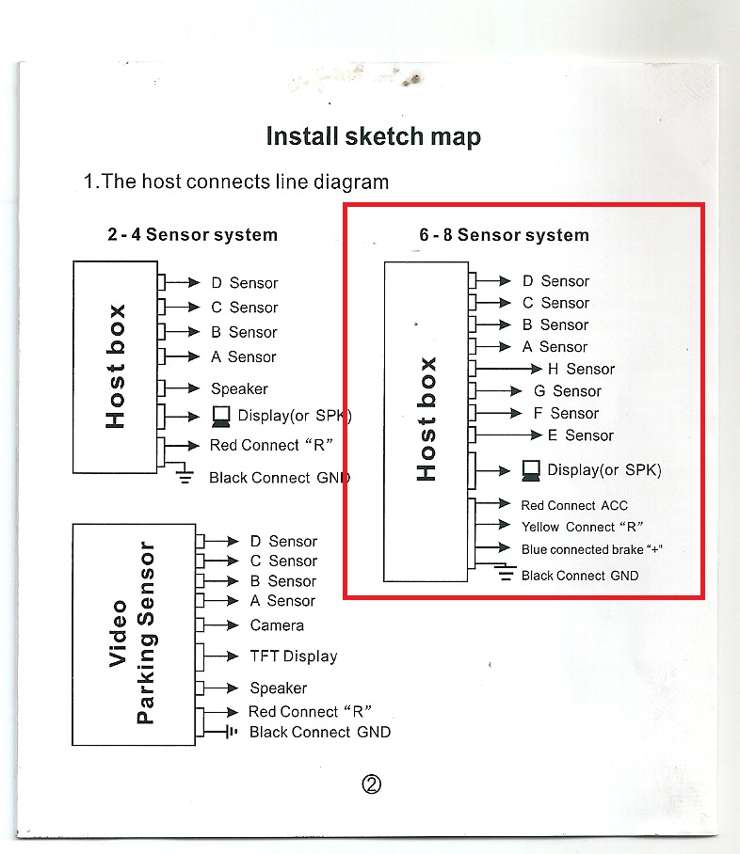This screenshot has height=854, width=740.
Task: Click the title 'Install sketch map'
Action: pos(374,136)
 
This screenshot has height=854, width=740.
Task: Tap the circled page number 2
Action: pos(371,784)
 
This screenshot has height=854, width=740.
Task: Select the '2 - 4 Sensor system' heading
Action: pos(192,235)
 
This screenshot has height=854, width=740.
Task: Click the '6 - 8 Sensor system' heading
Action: pos(504,235)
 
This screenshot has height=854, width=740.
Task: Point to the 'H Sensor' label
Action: pos(581,370)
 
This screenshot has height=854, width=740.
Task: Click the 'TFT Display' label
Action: pos(294,656)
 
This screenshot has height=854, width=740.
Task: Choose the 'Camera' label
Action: pos(277,625)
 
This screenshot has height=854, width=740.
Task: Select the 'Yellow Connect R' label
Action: pos(582,527)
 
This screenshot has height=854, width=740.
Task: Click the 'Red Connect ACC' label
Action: pos(574,505)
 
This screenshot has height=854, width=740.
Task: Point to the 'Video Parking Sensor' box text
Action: pos(133,633)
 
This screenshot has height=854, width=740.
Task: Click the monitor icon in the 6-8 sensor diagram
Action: pos(531,471)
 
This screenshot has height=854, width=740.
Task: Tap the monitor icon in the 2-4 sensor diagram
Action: pos(221,418)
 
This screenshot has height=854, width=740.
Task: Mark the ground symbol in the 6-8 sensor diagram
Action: pos(506,572)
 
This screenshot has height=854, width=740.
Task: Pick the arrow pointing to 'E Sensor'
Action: pos(508,435)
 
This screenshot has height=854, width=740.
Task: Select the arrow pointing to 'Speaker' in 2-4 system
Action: pos(183,388)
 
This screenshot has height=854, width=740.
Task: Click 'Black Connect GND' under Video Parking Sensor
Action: pos(320,732)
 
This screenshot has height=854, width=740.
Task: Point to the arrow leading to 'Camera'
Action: pos(221,625)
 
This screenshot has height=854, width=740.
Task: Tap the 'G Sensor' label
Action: pos(567,391)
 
